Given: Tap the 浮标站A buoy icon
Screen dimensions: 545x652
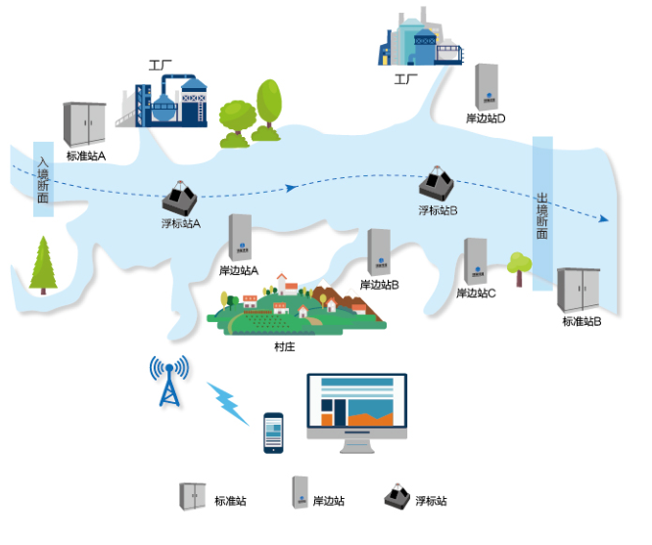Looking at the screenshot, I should [x=180, y=199].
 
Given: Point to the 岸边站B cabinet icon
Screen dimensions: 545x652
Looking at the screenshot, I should [x=379, y=253].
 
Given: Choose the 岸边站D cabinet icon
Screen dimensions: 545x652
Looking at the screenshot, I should [x=487, y=87].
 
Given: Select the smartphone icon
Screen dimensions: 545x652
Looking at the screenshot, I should [x=274, y=432].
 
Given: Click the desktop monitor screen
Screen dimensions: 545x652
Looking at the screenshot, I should [x=356, y=405].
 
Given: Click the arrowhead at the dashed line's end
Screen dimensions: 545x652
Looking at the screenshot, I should [x=607, y=218].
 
